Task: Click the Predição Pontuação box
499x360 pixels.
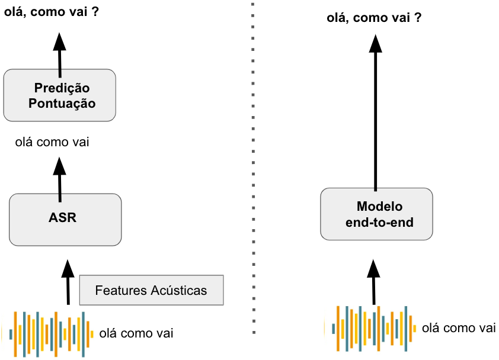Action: point(59,95)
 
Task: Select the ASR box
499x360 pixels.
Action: point(65,220)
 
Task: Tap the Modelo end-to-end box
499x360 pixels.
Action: point(376,214)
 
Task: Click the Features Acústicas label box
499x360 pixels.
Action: point(151,290)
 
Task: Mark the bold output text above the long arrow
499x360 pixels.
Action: point(374,18)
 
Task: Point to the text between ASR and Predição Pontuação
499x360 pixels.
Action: point(53,142)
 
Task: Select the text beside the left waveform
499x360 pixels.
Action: point(136,333)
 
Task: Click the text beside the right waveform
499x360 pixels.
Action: point(458,328)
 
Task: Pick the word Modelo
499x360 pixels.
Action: point(380,207)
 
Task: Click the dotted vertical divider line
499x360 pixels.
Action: point(253,178)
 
